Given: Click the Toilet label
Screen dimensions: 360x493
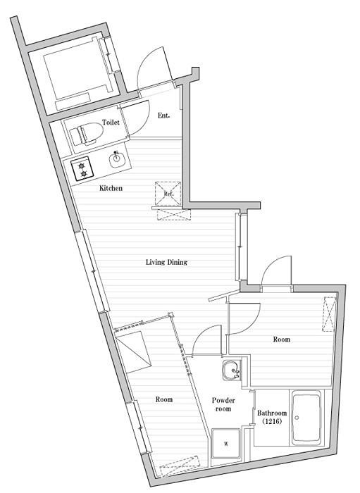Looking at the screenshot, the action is [111, 122].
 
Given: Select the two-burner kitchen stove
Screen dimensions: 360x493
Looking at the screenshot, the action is [82, 169].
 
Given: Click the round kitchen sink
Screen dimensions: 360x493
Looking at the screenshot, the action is [117, 160].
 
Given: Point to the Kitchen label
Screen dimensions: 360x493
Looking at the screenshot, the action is [111, 188].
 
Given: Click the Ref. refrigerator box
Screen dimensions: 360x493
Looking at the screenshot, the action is [168, 194].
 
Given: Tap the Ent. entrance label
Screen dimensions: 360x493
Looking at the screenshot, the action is [163, 116].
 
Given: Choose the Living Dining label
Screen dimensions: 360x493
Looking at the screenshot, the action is [166, 262].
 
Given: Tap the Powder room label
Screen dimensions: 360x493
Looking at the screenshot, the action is [223, 404].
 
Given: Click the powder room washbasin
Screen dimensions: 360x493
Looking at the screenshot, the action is [232, 370].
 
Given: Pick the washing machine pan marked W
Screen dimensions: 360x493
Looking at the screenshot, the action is [225, 444].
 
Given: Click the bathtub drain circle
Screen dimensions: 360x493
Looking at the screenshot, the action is [297, 418].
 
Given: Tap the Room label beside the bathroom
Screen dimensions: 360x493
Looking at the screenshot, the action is [281, 339].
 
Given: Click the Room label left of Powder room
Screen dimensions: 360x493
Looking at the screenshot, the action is [164, 399].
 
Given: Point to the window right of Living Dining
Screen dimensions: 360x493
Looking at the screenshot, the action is [241, 246].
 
